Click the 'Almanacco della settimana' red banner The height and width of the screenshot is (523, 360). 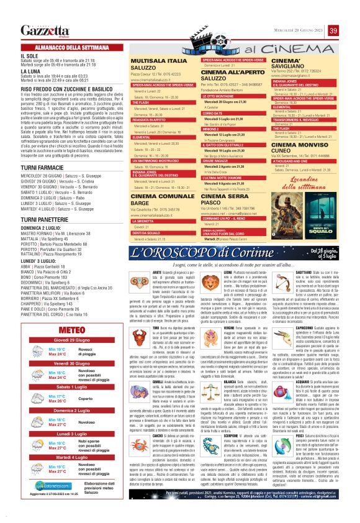pos(70,47)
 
